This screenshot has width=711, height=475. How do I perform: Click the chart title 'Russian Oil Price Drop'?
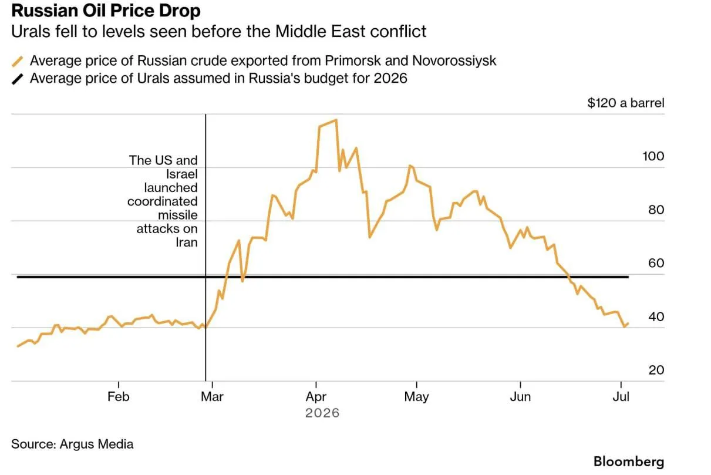click(x=106, y=11)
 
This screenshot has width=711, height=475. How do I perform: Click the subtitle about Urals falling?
click(x=218, y=32)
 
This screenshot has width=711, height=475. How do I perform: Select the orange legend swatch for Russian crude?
click(x=18, y=61)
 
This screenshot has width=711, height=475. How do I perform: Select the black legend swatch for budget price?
click(x=18, y=79)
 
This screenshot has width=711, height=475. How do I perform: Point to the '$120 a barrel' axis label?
click(x=626, y=103)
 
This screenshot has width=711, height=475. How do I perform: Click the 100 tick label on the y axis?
click(x=653, y=156)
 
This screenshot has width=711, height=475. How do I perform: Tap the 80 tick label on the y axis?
click(x=656, y=210)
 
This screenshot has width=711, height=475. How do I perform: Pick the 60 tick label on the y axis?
click(x=656, y=263)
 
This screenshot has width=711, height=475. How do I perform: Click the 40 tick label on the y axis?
click(x=656, y=317)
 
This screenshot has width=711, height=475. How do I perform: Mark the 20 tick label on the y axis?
click(x=656, y=370)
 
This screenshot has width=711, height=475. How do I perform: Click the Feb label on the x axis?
click(x=119, y=396)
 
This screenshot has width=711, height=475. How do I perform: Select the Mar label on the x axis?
click(x=212, y=396)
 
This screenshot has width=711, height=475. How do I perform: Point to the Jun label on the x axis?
click(x=520, y=396)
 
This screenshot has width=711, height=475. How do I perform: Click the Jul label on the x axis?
click(x=621, y=396)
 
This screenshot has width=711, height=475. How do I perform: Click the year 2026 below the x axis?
click(x=322, y=413)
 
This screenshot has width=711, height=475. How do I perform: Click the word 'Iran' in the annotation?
click(x=187, y=242)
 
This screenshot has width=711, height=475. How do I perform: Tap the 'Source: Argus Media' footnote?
click(x=72, y=444)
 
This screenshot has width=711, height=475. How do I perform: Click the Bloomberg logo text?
click(x=629, y=462)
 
